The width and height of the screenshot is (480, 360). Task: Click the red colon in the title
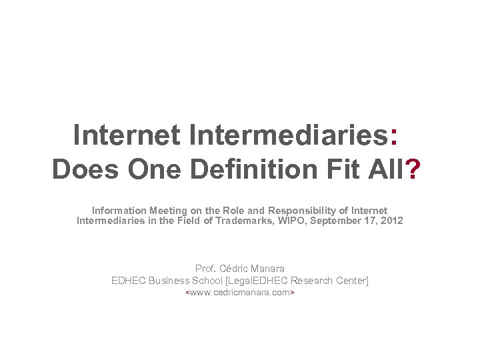tap(396, 135)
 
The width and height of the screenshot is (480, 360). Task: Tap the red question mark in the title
tap(413, 169)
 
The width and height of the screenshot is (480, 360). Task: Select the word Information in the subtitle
tap(119, 211)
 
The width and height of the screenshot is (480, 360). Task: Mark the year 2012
tap(391, 221)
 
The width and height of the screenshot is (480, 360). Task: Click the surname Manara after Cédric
tap(269, 269)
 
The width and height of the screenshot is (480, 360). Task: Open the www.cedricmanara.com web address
tap(240, 293)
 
